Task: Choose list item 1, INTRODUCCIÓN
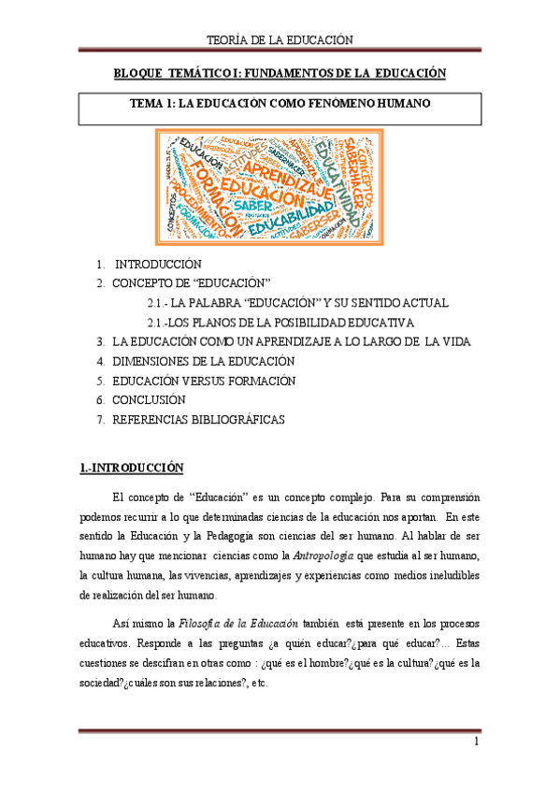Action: coord(157,265)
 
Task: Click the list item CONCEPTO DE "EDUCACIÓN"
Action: coord(191,282)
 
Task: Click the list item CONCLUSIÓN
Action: coord(160,400)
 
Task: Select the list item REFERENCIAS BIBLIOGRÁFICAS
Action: coord(198,420)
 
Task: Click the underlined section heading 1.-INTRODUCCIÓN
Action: coord(131,468)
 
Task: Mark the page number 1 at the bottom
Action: coord(476,743)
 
